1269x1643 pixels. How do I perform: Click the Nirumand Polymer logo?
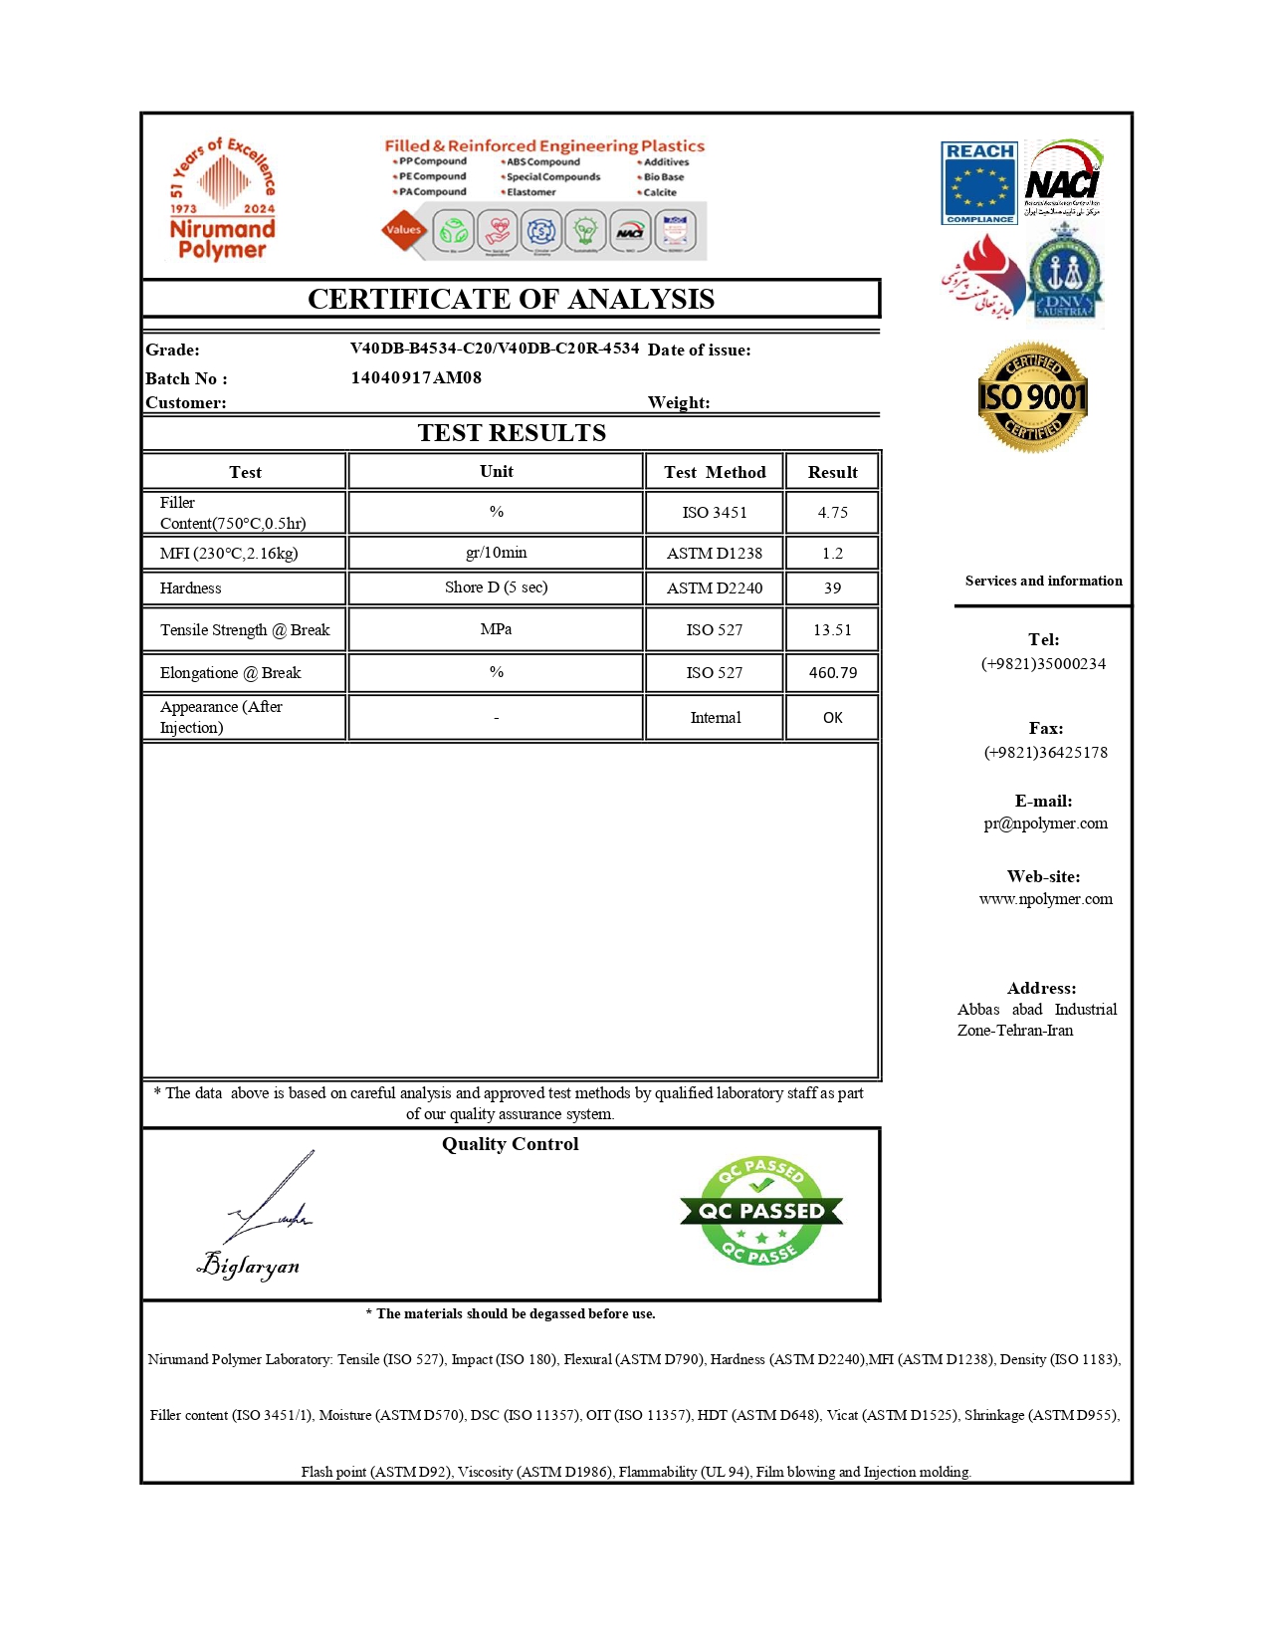click(x=222, y=200)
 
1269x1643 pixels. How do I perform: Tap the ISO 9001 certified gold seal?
click(x=1032, y=397)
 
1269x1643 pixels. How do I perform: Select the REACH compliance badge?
click(x=979, y=183)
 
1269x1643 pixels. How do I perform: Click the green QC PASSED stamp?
click(x=761, y=1211)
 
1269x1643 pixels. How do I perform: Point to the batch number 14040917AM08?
click(x=416, y=377)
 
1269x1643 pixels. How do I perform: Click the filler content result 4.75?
click(x=832, y=513)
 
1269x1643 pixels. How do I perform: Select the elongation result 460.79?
click(x=832, y=673)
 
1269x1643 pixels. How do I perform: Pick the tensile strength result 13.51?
click(x=832, y=630)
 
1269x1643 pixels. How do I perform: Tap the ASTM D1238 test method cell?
click(x=714, y=554)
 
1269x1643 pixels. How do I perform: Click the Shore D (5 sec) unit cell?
click(x=496, y=587)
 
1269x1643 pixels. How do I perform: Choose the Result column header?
click(x=832, y=472)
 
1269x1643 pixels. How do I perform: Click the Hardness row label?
click(x=191, y=588)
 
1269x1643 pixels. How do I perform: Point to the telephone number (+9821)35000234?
click(x=1043, y=664)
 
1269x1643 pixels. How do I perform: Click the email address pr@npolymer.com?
click(x=1045, y=823)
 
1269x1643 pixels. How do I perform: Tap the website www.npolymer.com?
click(x=1045, y=899)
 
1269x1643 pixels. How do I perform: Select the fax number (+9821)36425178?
click(x=1045, y=753)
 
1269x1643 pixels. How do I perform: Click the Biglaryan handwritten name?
click(x=250, y=1266)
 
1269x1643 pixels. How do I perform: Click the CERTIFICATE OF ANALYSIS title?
click(x=511, y=299)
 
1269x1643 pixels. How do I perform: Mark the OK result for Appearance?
click(x=832, y=718)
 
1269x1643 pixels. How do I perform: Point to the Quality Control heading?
click(x=510, y=1144)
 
